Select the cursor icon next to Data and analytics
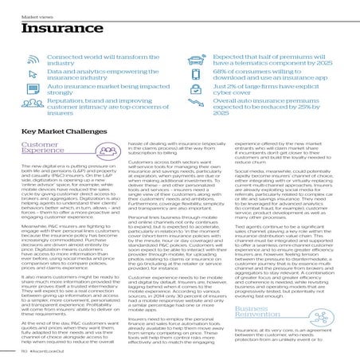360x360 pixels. point(32,78)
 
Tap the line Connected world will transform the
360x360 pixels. point(97,58)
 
